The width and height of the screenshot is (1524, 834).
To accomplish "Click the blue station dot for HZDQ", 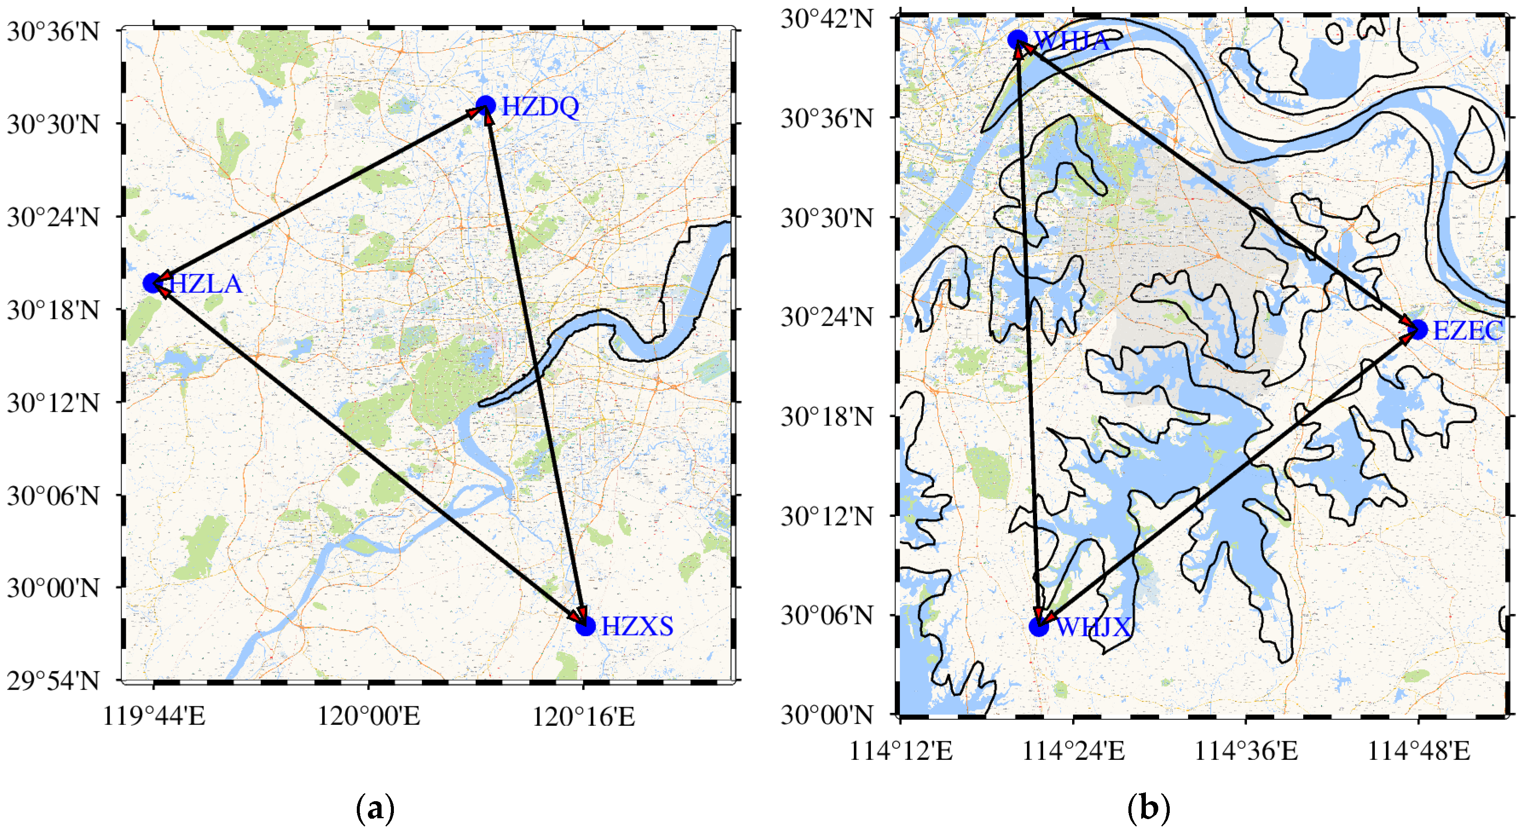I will coord(485,106).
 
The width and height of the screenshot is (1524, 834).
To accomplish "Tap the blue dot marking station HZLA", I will coord(153,283).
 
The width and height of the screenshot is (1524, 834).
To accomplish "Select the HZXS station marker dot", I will coord(585,626).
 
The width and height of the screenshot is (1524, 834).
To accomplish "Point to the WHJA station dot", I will coord(1018,40).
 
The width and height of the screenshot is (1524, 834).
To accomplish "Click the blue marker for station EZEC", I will coord(1417,329).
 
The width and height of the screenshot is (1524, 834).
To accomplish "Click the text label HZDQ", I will coord(540,107).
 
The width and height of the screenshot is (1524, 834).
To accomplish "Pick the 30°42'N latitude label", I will coord(827,18).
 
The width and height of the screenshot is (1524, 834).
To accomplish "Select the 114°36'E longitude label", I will coord(1246,751).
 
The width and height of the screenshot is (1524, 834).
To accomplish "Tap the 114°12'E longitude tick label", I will coord(900,751).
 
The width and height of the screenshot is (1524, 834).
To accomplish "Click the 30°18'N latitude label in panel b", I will coord(827,417).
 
